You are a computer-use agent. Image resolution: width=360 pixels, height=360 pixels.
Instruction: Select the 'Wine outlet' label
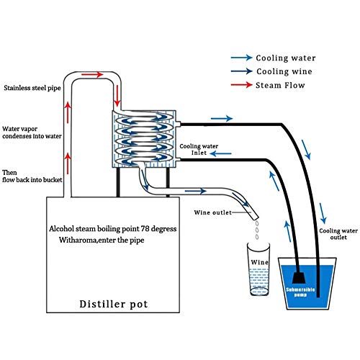[214, 213]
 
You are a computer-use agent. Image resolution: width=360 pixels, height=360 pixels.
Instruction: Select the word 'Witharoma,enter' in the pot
[86, 241]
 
